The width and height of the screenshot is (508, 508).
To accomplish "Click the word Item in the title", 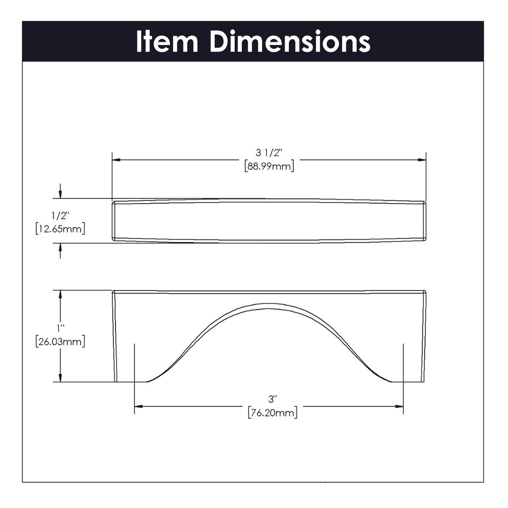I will (167, 41).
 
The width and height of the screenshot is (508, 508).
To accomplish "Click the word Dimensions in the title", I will (290, 41).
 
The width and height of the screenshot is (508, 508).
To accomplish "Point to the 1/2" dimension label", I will (60, 216).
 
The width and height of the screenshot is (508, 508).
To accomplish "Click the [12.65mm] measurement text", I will (60, 229).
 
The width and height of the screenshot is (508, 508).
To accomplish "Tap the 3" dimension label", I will (273, 399).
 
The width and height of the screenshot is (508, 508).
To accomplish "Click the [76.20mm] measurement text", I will (273, 412).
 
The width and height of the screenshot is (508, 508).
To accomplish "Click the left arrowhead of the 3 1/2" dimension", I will (116, 159).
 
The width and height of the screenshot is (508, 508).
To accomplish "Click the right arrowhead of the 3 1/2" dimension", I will (421, 159).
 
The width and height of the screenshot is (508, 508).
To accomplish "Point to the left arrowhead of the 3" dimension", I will (138, 406).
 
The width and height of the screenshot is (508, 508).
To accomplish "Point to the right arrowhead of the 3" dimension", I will (399, 406).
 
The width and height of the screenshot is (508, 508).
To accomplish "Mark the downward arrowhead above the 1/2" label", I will (60, 195).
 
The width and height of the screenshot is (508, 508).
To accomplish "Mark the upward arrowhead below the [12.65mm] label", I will (60, 248).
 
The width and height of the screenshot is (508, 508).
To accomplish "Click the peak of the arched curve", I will (269, 304).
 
